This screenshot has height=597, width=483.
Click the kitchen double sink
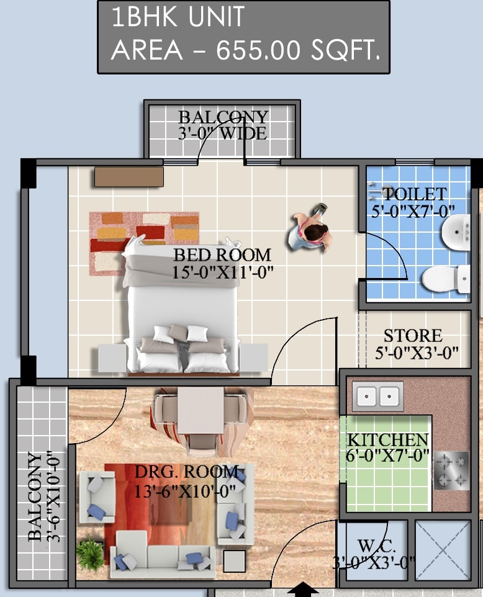378,396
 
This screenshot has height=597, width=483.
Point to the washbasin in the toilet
456,231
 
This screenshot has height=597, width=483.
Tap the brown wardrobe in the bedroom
129,177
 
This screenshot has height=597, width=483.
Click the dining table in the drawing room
201,410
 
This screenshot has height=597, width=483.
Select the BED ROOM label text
222,254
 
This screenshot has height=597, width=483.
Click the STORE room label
413,336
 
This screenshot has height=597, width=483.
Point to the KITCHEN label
388,440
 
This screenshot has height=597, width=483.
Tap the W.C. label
376,546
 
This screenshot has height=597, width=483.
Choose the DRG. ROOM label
187,472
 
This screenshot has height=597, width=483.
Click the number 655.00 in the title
259,50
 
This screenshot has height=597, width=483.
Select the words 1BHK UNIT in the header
178,17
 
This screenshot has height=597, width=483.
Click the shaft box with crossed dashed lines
443,550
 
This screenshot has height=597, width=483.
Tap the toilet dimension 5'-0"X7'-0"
413,210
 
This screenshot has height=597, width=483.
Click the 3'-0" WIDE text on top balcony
222,133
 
